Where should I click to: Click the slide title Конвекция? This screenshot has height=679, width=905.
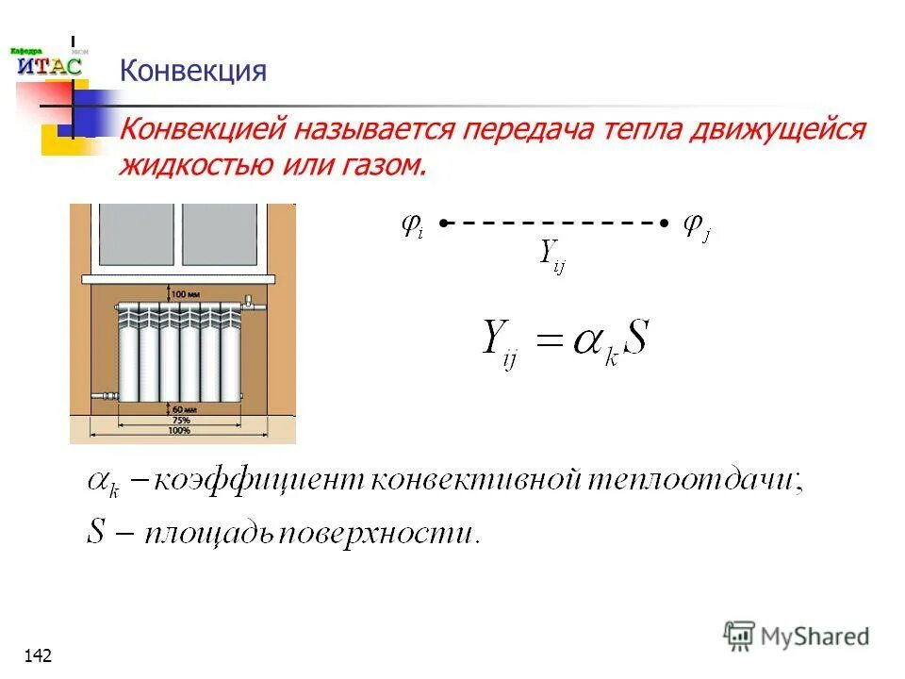(192, 71)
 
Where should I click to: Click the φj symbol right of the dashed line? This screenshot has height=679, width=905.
(696, 225)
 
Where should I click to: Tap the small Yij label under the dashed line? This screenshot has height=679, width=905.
(551, 256)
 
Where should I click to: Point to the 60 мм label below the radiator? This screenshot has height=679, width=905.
(185, 408)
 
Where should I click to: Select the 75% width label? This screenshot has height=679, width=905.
(179, 420)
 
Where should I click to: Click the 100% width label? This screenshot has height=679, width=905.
(179, 431)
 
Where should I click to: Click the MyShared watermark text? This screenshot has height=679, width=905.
(814, 637)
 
